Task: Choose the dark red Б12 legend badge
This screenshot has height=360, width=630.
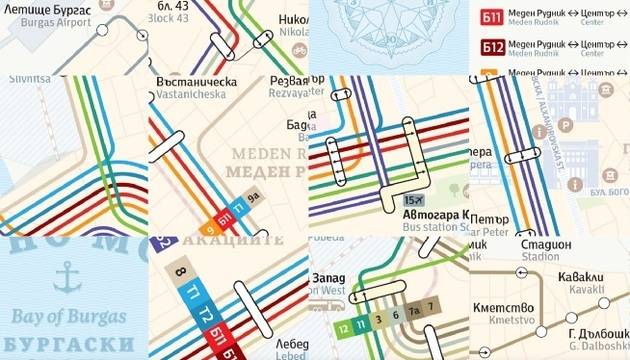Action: pos(491,46)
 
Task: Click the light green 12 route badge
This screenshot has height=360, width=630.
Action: pos(343,325)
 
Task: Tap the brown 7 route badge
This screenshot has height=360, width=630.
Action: pos(430,305)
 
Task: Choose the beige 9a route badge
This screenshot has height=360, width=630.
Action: pos(253,197)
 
